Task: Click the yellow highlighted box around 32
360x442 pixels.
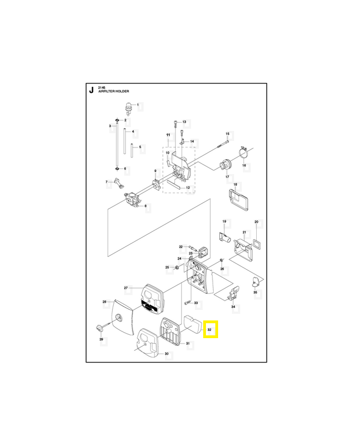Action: [x=211, y=329]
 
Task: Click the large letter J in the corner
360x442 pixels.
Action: [x=91, y=91]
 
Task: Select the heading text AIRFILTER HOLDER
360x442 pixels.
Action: [x=114, y=91]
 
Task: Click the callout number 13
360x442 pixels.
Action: [x=184, y=122]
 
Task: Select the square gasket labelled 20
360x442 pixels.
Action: [x=257, y=244]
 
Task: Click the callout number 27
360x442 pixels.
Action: [x=126, y=288]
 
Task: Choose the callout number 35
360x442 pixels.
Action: [x=255, y=292]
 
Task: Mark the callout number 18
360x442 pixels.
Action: [x=235, y=185]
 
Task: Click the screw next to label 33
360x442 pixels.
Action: [x=188, y=303]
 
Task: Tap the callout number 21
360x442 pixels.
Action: [x=244, y=232]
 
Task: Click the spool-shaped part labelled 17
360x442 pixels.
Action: [x=226, y=165]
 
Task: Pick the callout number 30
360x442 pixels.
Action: [x=167, y=354]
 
